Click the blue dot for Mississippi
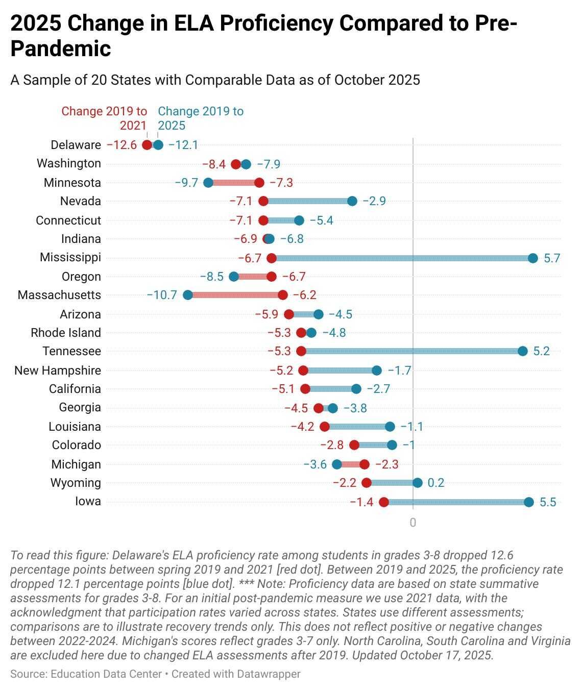coord(532,258)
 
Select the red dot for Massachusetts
coord(283,295)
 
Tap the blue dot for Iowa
coord(528,502)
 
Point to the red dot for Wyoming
coord(366,483)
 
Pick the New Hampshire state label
coord(58,371)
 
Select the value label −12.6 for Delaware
coord(122,145)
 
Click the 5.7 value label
coord(552,258)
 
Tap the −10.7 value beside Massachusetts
coord(162,295)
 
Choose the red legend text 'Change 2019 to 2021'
coord(104,118)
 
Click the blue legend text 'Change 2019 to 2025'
coord(201,118)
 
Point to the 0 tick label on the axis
coord(413,523)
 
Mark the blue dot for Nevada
coord(352,201)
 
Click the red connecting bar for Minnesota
coord(234,183)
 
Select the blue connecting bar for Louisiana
coord(357,427)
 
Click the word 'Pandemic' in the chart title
coord(61,48)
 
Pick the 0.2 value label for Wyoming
coord(436,483)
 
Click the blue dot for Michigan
coord(337,464)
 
